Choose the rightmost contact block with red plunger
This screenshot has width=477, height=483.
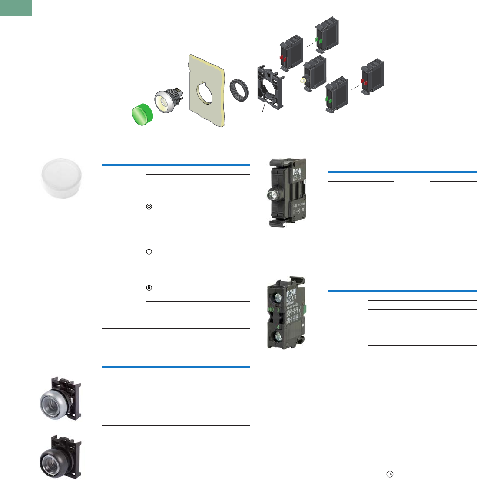coord(372,78)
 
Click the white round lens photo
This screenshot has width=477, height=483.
coord(63,178)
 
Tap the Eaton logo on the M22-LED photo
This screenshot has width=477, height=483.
coord(297,168)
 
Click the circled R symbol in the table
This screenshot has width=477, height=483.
coord(149,288)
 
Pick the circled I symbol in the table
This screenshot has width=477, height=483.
coord(149,252)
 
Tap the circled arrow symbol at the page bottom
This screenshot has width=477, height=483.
coord(390,475)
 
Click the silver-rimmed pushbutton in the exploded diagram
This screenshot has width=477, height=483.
coord(164,102)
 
